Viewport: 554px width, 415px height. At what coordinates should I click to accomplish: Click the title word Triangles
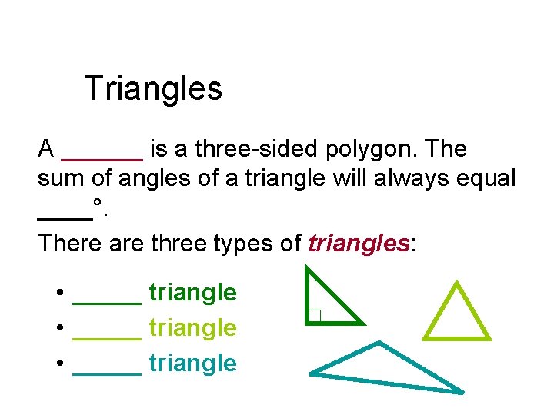click(x=153, y=88)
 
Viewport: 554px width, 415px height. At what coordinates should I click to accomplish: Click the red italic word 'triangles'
click(x=358, y=244)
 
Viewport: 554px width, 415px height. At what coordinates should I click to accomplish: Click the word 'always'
click(x=408, y=180)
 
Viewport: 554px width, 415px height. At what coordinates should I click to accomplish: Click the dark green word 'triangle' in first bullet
click(x=192, y=293)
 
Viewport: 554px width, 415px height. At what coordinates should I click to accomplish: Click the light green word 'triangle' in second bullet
click(x=192, y=328)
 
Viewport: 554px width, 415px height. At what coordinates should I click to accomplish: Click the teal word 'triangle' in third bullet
click(x=192, y=364)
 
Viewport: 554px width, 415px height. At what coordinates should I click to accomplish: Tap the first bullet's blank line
click(x=107, y=302)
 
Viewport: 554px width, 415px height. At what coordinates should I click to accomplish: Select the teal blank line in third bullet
click(x=107, y=373)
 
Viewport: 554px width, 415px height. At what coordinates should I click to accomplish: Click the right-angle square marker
click(x=314, y=315)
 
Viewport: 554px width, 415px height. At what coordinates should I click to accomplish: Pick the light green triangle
click(x=456, y=315)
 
